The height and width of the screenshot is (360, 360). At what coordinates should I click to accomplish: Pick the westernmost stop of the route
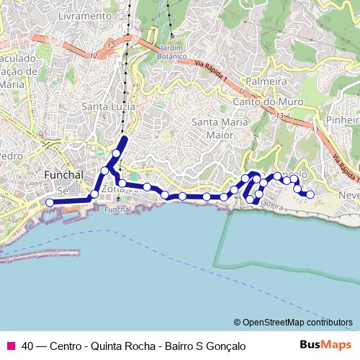click(50, 203)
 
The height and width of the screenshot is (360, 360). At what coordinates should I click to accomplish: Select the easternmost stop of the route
click(310, 194)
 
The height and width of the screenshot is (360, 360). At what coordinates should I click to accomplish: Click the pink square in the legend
click(10, 346)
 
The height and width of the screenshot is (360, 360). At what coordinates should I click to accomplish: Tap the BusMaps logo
click(325, 346)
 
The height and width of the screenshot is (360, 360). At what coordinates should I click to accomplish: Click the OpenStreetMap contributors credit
click(293, 322)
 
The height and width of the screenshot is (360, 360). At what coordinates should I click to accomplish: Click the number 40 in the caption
click(27, 346)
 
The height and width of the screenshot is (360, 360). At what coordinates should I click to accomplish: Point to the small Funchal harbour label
click(114, 210)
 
